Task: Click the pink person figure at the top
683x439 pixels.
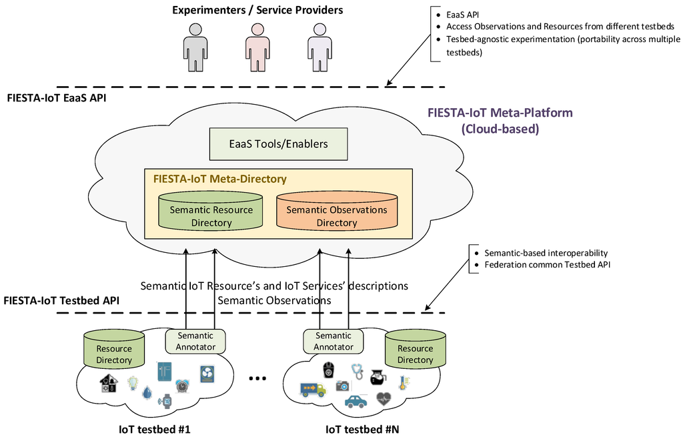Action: (x=257, y=47)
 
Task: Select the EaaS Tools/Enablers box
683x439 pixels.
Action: (x=278, y=143)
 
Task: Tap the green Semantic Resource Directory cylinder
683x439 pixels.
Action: (x=210, y=211)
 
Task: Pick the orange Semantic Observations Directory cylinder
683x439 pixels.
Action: (x=337, y=211)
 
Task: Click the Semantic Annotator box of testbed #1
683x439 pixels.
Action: (x=195, y=342)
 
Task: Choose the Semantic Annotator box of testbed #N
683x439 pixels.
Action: (x=333, y=342)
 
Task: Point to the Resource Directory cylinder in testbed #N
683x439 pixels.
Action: (x=415, y=350)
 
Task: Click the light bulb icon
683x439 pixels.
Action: (x=133, y=383)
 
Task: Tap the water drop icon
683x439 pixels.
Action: (x=147, y=392)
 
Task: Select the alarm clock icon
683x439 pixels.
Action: (x=182, y=386)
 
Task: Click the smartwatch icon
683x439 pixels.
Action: (x=166, y=401)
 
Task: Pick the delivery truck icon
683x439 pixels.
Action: (x=312, y=390)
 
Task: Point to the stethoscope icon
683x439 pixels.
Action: (x=358, y=371)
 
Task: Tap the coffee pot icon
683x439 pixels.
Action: (x=378, y=377)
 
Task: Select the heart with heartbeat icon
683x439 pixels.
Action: (x=384, y=398)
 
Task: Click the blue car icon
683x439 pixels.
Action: (x=356, y=402)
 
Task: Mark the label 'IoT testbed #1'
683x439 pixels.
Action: (x=155, y=430)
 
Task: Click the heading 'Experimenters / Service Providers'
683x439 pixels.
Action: (x=257, y=10)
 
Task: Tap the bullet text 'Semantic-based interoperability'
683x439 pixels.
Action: (x=546, y=253)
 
